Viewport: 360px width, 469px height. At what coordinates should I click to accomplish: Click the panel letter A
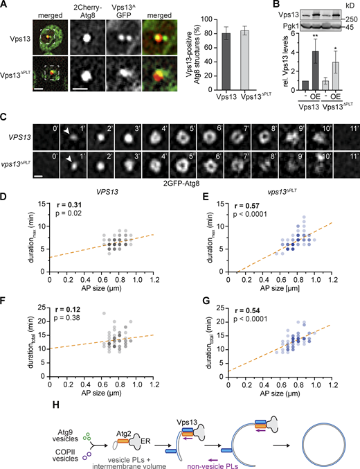click(5, 6)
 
